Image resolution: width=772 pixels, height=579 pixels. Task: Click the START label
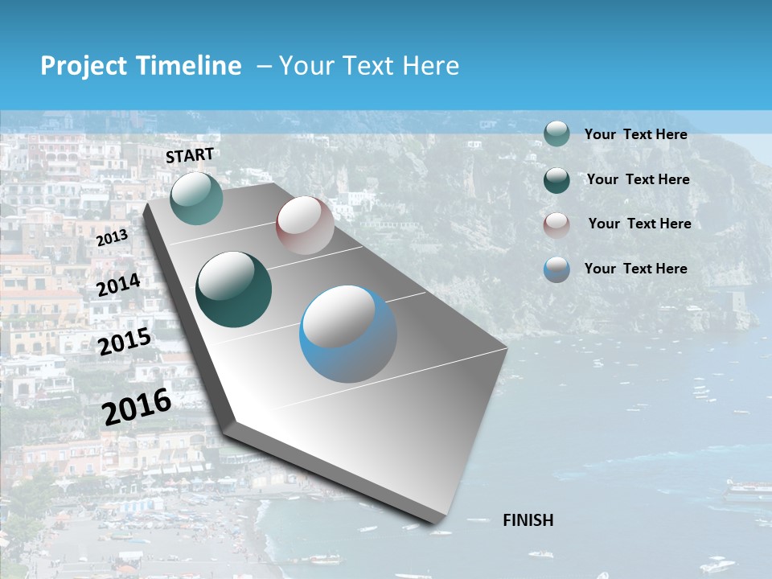(190, 155)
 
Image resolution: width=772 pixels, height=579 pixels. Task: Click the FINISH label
(528, 520)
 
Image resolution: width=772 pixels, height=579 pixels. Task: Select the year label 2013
(112, 238)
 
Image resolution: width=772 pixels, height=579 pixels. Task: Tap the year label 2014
(118, 285)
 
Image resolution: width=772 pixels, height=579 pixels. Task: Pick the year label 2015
(125, 342)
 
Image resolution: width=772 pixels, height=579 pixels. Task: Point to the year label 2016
(137, 407)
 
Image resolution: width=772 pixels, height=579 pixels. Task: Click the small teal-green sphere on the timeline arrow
(196, 198)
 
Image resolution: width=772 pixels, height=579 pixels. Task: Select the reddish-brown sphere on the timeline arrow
(305, 224)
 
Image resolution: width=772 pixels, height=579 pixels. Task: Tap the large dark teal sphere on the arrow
(234, 289)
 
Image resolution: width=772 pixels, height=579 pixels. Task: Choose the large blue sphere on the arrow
(347, 335)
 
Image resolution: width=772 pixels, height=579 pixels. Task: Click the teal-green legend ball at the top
(556, 133)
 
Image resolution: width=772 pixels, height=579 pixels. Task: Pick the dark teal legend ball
(556, 180)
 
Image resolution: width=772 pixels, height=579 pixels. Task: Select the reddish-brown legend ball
(556, 225)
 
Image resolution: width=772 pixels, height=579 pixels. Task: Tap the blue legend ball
(556, 269)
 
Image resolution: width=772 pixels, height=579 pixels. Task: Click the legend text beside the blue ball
(636, 269)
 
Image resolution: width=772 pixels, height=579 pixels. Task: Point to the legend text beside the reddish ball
(639, 224)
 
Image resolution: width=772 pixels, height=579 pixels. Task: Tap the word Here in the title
(430, 66)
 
